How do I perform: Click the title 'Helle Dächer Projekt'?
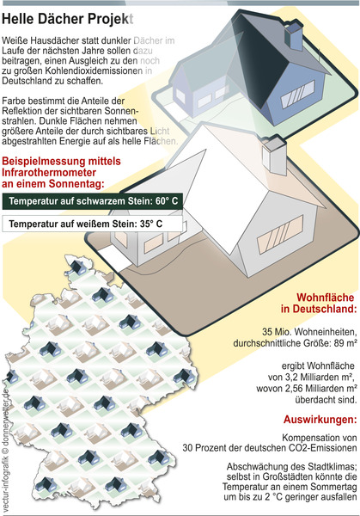tap(67, 20)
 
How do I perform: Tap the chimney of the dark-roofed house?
tap(293, 36)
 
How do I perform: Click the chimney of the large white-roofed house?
tap(275, 156)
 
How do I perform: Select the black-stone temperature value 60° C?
tap(167, 201)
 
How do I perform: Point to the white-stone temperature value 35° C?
tap(151, 224)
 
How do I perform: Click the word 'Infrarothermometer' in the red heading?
tap(49, 173)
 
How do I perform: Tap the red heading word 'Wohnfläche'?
tap(326, 298)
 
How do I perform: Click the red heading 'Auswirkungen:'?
tap(320, 420)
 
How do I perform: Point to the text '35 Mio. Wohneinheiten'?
tap(309, 331)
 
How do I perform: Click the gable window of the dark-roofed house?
tap(298, 94)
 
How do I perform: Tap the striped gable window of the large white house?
tap(280, 234)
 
